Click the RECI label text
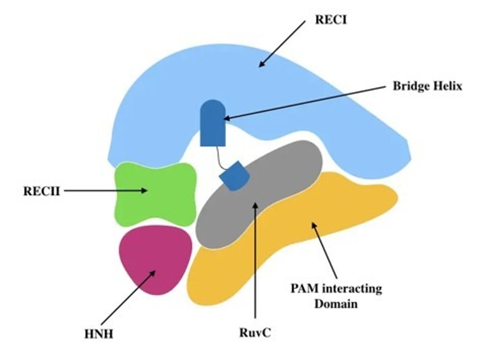coord(330,20)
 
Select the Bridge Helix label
coord(427,86)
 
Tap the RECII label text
coord(41,191)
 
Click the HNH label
coord(99,334)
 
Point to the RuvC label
coord(255,333)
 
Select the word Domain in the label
coord(336,304)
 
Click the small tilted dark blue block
coord(235,176)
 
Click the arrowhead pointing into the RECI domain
coord(261,65)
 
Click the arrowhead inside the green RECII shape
coord(144,190)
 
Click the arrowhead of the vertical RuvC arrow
coord(255,205)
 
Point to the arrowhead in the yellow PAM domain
coord(314,225)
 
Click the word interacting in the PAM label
coord(352,289)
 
